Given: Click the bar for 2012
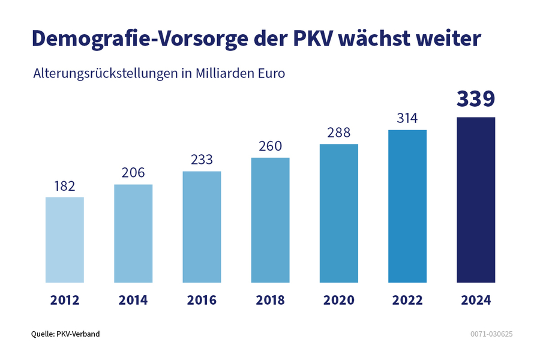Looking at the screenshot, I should (x=65, y=239).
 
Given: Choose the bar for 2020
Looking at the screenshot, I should (x=338, y=213).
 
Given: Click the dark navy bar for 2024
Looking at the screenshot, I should (x=476, y=199).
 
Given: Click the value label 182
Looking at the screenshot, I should (x=65, y=186).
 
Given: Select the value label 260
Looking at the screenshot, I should (x=270, y=146).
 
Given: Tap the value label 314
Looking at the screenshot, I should (x=407, y=118).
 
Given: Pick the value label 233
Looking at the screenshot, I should (x=202, y=160).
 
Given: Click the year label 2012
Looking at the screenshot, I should (x=65, y=301).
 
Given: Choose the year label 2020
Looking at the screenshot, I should (x=338, y=301).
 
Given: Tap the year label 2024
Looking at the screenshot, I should (x=476, y=301).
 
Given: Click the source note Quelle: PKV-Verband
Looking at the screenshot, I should (x=65, y=334).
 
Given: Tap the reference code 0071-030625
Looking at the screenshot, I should (x=492, y=334).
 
